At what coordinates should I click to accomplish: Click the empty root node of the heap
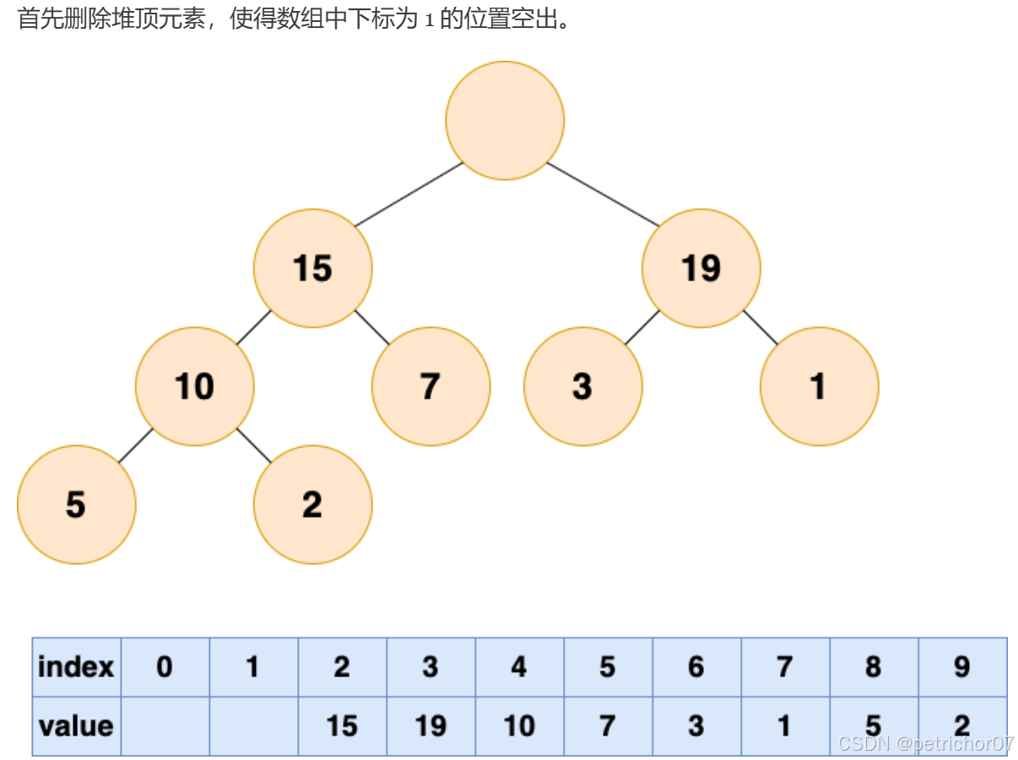coord(505,120)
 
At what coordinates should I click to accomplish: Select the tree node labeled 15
coord(312,269)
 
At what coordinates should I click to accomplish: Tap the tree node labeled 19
coord(701,269)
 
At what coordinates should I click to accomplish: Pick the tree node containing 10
coord(194,387)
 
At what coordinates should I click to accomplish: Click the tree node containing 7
coord(430,387)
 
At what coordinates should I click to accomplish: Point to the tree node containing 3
coord(582,387)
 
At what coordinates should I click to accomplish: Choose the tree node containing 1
coord(819,387)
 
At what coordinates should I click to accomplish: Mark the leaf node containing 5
coord(76,505)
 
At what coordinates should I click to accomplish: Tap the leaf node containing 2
coord(312,505)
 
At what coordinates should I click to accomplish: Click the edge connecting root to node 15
coord(409,194)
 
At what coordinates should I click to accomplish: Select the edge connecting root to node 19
coord(603,194)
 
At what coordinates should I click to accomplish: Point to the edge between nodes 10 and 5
coord(135,446)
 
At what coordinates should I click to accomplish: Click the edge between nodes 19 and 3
coord(642,328)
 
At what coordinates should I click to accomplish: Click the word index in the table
coord(76,667)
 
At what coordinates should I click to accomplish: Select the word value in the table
coord(76,726)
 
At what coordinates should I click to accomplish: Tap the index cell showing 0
coord(165,667)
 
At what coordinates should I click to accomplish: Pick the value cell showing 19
coord(430,726)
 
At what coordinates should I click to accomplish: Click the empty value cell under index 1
coord(253,726)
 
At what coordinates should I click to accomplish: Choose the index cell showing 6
coord(696,667)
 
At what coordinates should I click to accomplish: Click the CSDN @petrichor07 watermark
coord(926,744)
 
